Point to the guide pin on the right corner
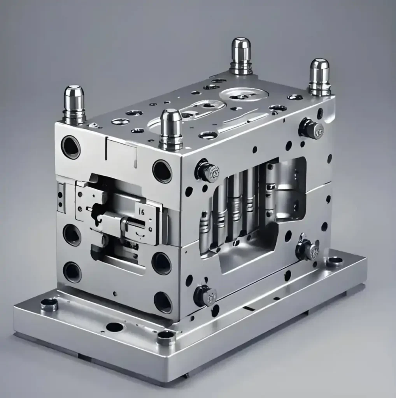319,77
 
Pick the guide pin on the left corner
74,104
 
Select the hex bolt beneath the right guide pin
311,129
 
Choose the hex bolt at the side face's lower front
205,296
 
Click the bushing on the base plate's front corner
166,337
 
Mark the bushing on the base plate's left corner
49,304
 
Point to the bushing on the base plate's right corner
335,261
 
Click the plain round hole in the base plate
114,327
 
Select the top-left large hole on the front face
71,147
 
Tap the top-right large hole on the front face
162,171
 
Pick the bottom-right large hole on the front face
163,302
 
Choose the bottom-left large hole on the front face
72,272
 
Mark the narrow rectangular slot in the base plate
249,309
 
